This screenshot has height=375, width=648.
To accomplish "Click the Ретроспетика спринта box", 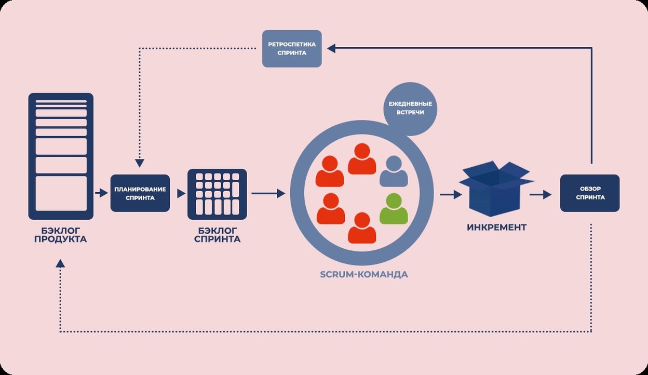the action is coord(292,49).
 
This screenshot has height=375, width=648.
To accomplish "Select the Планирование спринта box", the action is coord(140,193).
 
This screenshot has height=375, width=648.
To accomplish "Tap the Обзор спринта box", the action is coord(590,193).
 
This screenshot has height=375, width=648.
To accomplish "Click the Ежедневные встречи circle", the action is coord(410,109).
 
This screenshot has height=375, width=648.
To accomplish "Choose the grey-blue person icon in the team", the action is coord(394,171).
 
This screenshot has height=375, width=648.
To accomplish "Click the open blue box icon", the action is coord(496,189).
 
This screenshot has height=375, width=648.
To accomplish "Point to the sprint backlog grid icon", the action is coord(217,194).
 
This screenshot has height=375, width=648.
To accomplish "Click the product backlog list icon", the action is coord(61,156).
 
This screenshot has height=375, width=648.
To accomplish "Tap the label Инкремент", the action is coord(496,227).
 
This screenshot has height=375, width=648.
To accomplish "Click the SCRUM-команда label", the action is coord(364,274).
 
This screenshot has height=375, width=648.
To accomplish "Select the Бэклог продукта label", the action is coord(60,235).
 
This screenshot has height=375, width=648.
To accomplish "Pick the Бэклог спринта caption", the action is coord(217,235).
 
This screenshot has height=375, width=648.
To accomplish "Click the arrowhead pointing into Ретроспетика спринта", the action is coord(331,48).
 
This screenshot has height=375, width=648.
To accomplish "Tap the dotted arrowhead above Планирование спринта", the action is coord(140,163).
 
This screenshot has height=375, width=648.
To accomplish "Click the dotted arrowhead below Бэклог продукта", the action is coord(60,263).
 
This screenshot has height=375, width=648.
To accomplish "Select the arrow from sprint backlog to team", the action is coord(268,193).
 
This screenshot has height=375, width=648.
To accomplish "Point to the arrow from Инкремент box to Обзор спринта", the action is coord(541,194).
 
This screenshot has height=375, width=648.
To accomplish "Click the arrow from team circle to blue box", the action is coord(451,194).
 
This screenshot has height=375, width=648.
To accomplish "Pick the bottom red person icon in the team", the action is coord(362,228).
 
